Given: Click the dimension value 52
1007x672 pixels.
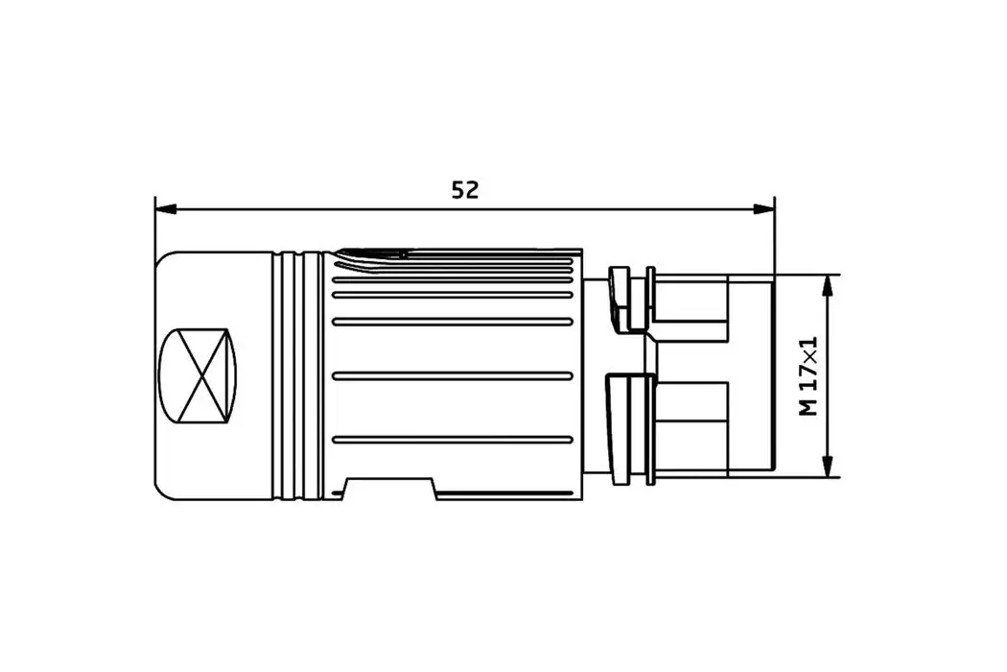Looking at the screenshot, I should pos(465,190).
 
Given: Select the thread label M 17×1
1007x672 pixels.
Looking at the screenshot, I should pos(809,376).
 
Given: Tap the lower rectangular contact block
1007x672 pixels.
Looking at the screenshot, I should pos(691,422).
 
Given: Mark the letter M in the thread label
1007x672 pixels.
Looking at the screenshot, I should pos(809,407).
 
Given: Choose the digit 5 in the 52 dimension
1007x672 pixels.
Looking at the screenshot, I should pos(458,190).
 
